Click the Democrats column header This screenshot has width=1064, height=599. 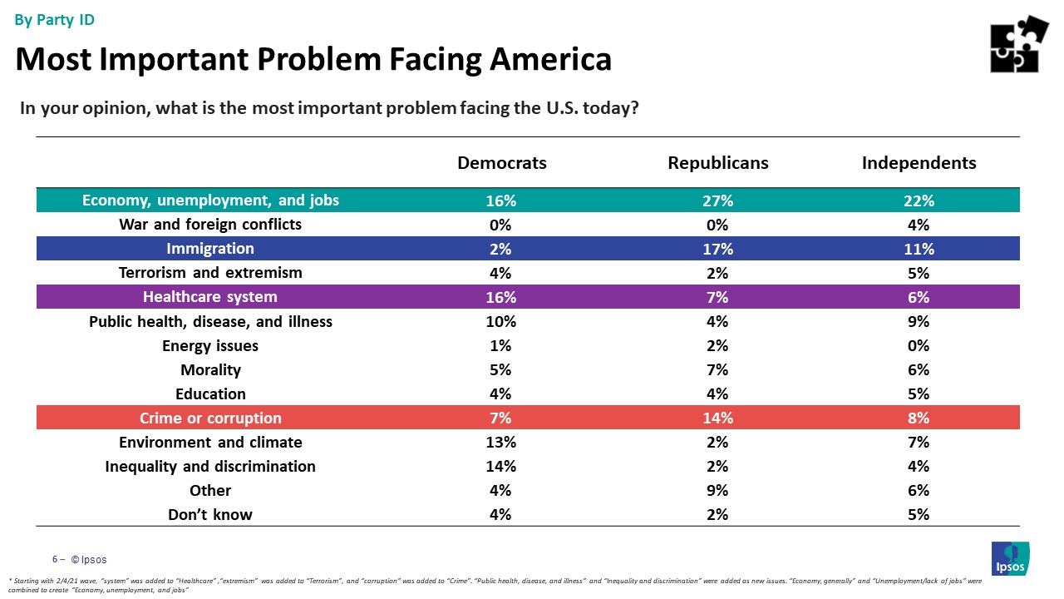(x=502, y=163)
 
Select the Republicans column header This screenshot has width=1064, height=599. (x=718, y=163)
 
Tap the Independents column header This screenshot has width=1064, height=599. (x=919, y=163)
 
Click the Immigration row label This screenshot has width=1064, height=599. (x=210, y=249)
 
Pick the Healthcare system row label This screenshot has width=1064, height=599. (x=210, y=297)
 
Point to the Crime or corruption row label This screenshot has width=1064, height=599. (x=210, y=418)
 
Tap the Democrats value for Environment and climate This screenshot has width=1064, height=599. (x=502, y=442)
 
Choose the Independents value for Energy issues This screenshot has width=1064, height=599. (x=919, y=345)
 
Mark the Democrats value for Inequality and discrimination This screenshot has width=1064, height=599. (x=502, y=466)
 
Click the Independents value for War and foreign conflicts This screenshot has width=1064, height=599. (x=919, y=225)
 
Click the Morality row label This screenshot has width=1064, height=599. (x=210, y=369)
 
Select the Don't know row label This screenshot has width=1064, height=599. (x=210, y=514)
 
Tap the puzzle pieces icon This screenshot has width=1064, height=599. (x=1018, y=44)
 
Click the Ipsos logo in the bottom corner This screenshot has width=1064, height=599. (x=1010, y=557)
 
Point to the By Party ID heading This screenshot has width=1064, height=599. (x=55, y=20)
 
